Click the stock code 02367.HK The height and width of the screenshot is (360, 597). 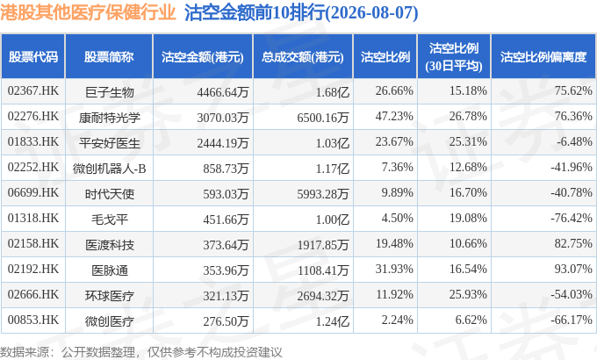pyautogui.click(x=33, y=90)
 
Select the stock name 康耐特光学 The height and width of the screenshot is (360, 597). pyautogui.click(x=109, y=118)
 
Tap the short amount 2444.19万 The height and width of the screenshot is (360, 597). pyautogui.click(x=223, y=143)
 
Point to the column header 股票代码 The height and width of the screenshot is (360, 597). pyautogui.click(x=33, y=57)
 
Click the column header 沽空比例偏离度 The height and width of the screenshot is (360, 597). pyautogui.click(x=543, y=57)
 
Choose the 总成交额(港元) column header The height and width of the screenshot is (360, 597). pyautogui.click(x=303, y=57)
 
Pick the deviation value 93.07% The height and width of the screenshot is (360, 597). pyautogui.click(x=573, y=269)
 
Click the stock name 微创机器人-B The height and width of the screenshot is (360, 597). pyautogui.click(x=109, y=169)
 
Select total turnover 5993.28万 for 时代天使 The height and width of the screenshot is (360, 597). pyautogui.click(x=323, y=194)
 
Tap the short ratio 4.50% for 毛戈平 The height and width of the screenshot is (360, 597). pyautogui.click(x=397, y=218)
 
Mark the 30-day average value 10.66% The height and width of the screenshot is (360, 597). pyautogui.click(x=468, y=243)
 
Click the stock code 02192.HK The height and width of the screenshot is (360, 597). pyautogui.click(x=33, y=269)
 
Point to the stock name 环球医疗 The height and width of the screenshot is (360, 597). pyautogui.click(x=109, y=296)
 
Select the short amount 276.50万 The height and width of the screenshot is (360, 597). pyautogui.click(x=226, y=321)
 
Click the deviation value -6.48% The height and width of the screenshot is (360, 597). pyautogui.click(x=574, y=141)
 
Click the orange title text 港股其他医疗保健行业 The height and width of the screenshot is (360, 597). pyautogui.click(x=88, y=12)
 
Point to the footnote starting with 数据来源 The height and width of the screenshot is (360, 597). pyautogui.click(x=141, y=352)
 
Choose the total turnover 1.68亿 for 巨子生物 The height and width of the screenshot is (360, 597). pyautogui.click(x=333, y=92)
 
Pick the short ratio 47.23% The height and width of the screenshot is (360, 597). pyautogui.click(x=394, y=116)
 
